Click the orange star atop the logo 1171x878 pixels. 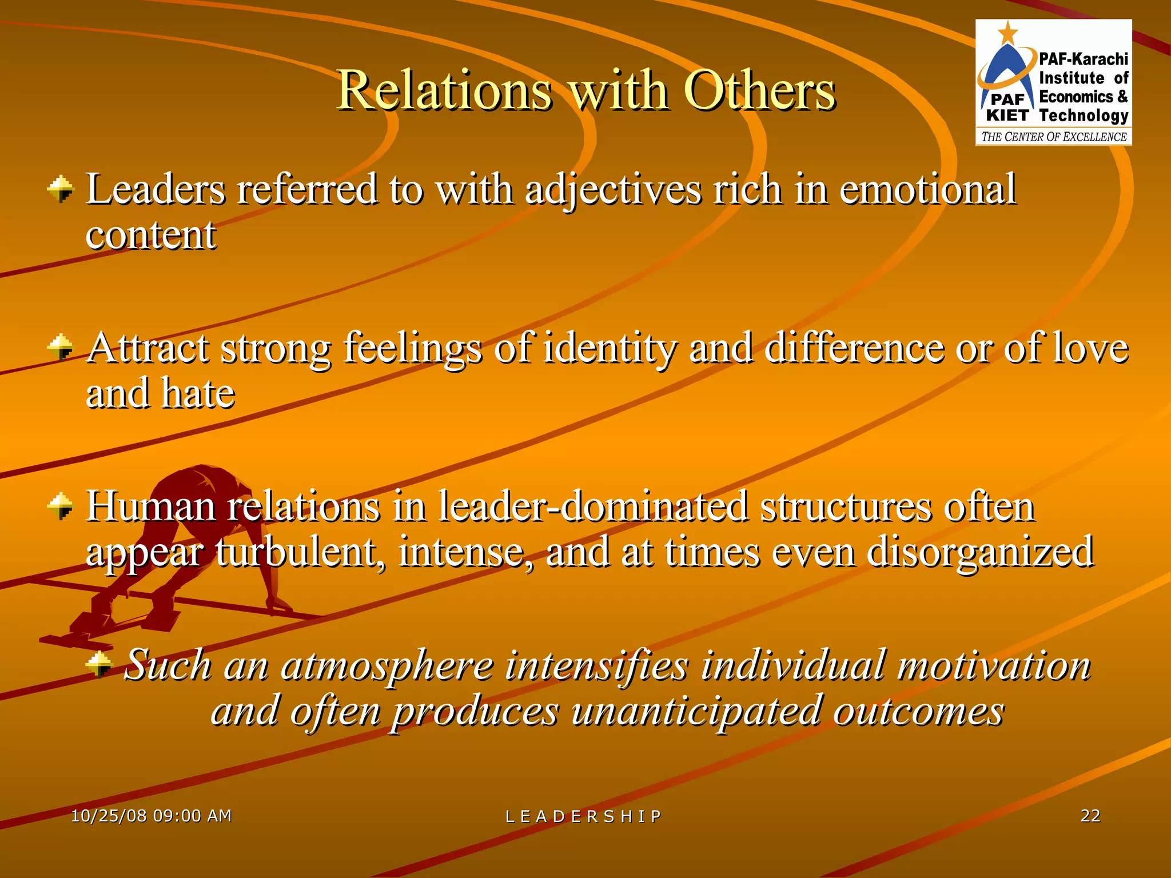coord(1007,33)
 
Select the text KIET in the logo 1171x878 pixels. coord(1007,115)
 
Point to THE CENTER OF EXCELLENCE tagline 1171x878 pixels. coord(1054,137)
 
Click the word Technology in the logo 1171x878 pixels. coord(1084,115)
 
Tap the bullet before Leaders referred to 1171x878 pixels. coord(61,189)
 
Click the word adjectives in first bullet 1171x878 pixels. coord(612,190)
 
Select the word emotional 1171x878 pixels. coord(927,189)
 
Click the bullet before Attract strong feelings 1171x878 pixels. coord(61,348)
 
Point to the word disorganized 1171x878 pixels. coord(980,552)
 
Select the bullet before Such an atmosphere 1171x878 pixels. coord(100,664)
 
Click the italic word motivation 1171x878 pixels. coord(994,665)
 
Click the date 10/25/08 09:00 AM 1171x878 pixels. coord(152,816)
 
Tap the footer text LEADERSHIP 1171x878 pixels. coord(583,816)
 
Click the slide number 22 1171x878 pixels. coord(1090,815)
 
